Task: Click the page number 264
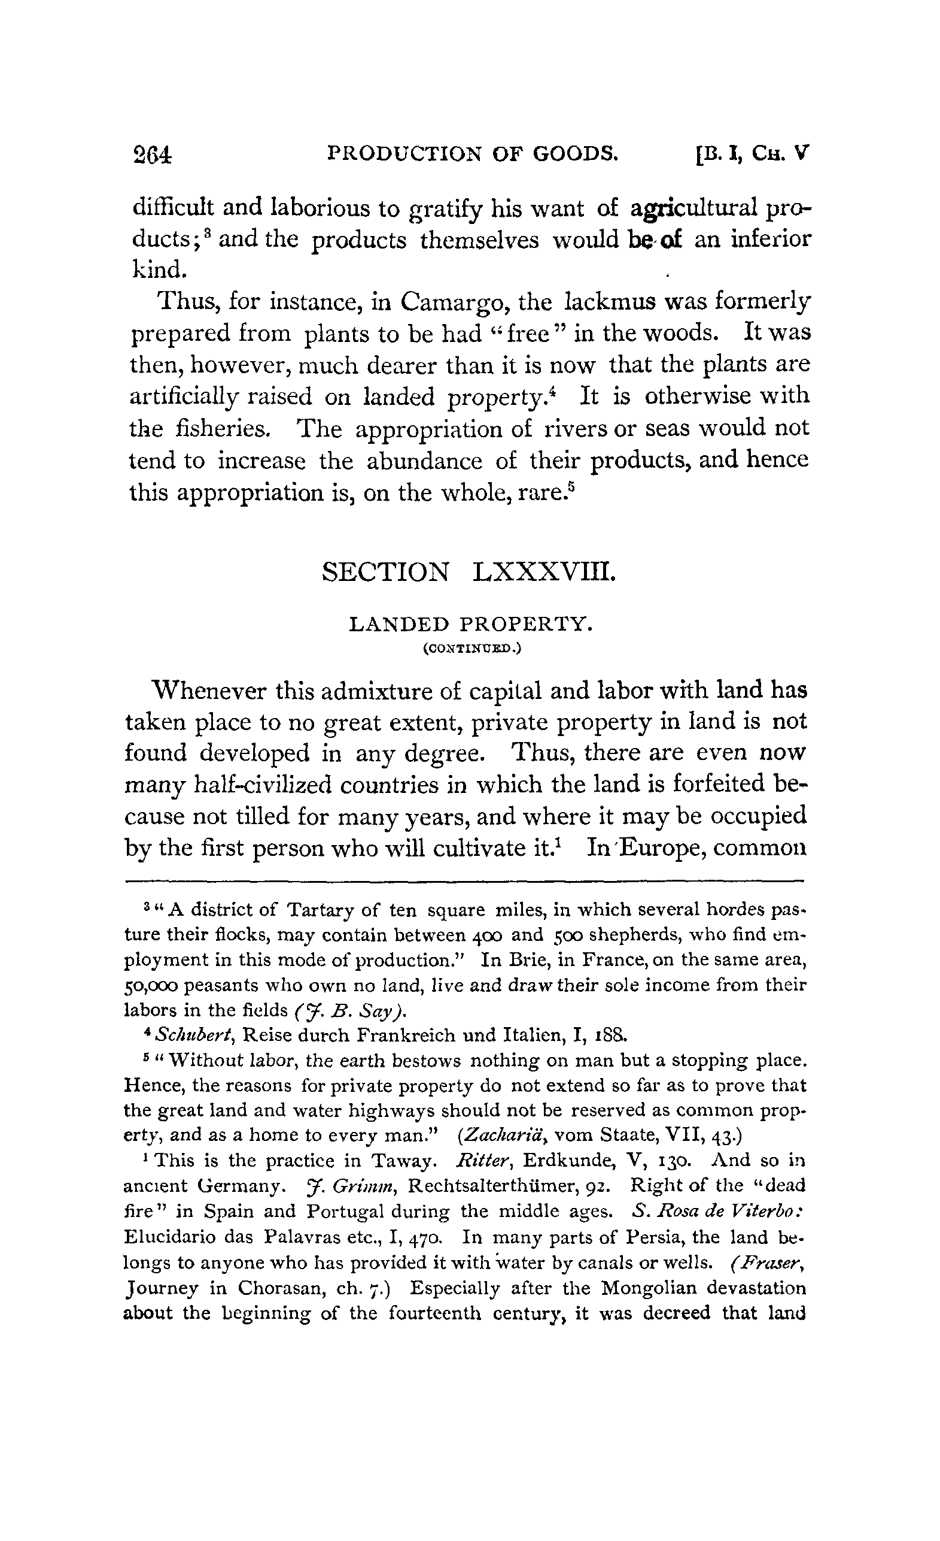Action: coord(152,154)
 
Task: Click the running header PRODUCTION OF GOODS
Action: coord(473,153)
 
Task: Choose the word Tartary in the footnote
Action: coord(320,909)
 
